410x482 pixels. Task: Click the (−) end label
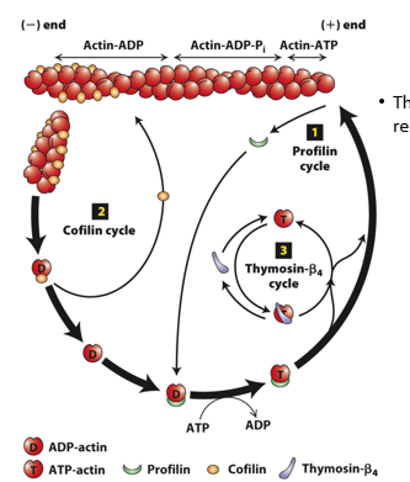click(x=43, y=25)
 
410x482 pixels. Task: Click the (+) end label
click(x=343, y=25)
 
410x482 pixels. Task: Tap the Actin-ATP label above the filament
click(x=308, y=45)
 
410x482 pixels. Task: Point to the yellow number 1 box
click(x=314, y=133)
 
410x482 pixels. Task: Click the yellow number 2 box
click(x=100, y=212)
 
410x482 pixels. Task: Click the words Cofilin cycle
click(x=99, y=231)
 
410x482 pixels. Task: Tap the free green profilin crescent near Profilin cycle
click(x=258, y=141)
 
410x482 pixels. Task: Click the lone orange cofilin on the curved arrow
click(x=163, y=196)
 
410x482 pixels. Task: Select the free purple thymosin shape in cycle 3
click(x=220, y=262)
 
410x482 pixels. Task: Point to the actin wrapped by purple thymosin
click(x=284, y=314)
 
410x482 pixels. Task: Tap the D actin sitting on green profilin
click(x=176, y=393)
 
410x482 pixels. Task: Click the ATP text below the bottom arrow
click(x=198, y=428)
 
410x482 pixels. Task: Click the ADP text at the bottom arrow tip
click(x=258, y=425)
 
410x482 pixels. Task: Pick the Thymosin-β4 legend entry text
click(x=340, y=469)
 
